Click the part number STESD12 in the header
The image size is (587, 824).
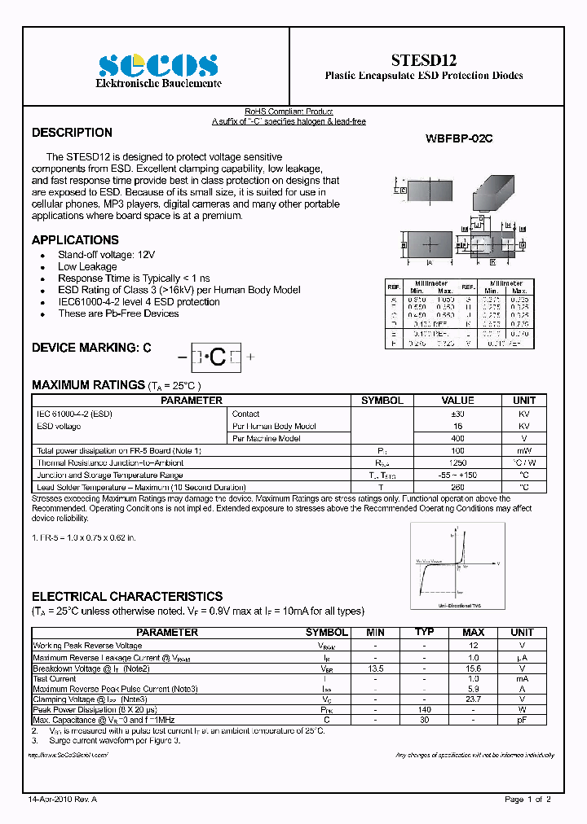pos(424,60)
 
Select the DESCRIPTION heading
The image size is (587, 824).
pos(72,133)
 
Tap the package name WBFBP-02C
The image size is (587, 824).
pos(459,139)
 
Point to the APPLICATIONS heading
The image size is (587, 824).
pos(75,240)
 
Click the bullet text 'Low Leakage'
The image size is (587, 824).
pos(87,266)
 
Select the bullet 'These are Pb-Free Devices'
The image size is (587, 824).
pos(118,313)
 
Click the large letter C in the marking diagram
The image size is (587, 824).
pos(218,357)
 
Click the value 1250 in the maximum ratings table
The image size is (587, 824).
pos(457,462)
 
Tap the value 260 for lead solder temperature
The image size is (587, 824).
pos(457,487)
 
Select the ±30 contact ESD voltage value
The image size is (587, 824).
pos(457,414)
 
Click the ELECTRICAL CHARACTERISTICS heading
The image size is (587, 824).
pos(126,597)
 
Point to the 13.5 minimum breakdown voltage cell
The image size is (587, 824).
pos(376,668)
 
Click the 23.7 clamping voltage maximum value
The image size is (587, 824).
pos(473,699)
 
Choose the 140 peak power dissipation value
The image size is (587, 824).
pos(424,709)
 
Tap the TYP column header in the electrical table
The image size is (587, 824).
pos(424,633)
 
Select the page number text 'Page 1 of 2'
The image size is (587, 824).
pos(527,800)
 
